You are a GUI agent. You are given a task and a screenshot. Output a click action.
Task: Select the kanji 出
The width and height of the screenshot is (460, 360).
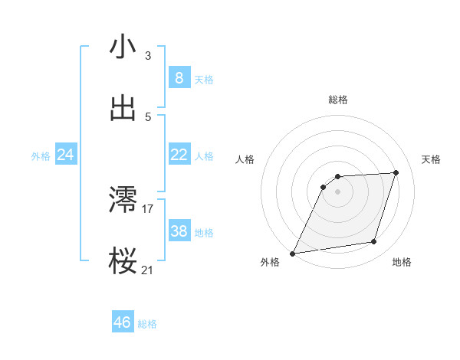click(123, 109)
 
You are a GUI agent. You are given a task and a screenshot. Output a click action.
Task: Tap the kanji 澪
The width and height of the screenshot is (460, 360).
click(123, 200)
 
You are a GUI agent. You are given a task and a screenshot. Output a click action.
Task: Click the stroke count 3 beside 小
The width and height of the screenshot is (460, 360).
click(147, 55)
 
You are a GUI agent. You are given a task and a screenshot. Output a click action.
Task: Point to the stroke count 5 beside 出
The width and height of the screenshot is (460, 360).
click(147, 117)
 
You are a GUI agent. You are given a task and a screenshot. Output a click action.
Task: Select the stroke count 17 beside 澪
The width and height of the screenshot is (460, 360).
click(148, 208)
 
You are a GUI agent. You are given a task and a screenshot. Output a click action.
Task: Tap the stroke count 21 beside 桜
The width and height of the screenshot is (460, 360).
click(148, 270)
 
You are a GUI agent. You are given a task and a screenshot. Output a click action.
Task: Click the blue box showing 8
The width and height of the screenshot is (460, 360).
click(179, 78)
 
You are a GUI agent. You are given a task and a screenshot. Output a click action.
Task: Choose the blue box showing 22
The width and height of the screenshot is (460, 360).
click(179, 155)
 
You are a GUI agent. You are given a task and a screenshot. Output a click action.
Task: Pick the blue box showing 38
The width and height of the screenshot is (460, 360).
click(179, 231)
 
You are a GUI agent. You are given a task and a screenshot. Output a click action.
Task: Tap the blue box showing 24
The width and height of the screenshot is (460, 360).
click(66, 155)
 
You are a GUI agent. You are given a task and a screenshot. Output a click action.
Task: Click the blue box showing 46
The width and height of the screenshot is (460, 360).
click(123, 322)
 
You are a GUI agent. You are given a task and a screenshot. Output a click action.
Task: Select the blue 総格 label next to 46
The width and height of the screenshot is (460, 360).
click(147, 324)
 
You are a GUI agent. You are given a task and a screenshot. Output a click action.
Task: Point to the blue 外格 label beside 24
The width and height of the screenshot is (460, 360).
click(41, 156)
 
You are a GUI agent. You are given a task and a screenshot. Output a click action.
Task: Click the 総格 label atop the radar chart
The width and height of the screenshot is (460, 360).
click(337, 100)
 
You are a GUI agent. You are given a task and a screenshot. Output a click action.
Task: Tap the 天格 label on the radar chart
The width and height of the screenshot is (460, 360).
click(431, 159)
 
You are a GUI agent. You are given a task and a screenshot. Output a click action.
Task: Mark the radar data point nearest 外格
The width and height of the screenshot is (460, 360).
click(293, 253)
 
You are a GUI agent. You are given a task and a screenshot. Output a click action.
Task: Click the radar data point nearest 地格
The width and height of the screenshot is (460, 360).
click(374, 242)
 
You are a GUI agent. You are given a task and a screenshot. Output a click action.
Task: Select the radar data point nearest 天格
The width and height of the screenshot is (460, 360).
click(396, 172)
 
